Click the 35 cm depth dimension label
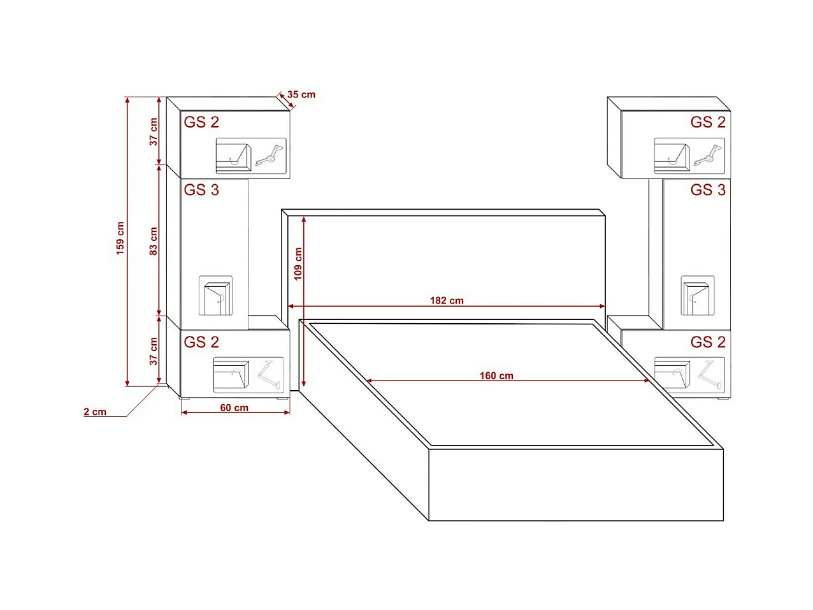pos(301,94)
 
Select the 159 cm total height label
pos(120,238)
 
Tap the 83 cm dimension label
pos(154,241)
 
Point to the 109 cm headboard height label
pos(298,264)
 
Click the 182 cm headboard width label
pos(447,300)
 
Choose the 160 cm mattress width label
pos(496,375)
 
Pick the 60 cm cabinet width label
pos(234,408)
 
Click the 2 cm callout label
pos(95,412)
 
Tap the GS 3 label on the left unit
pos(201,190)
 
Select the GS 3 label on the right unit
pos(708,190)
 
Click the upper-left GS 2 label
pos(201,122)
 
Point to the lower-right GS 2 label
pos(708,342)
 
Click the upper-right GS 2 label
pos(708,122)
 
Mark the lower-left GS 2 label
pos(201,342)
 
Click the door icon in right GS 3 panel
pos(697,296)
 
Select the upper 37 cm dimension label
pos(154,132)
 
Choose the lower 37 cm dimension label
pos(154,351)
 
